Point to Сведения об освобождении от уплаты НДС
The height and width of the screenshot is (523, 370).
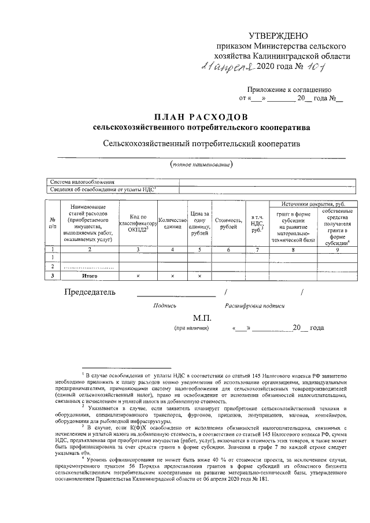pos(104,188)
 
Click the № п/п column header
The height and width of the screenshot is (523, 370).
pos(53,224)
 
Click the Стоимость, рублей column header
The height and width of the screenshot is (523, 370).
pos(228,224)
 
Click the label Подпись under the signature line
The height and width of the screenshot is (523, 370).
pos(165,305)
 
